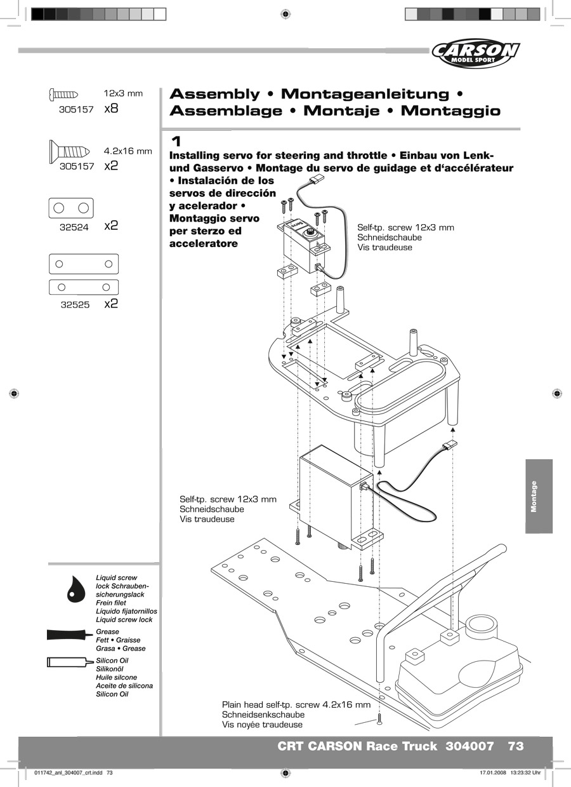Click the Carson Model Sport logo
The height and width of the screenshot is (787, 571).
click(x=476, y=53)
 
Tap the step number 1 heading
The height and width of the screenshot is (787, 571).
click(x=176, y=141)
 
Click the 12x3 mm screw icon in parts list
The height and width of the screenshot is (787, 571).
click(x=63, y=94)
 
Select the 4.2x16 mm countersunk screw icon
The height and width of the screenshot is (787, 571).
click(x=69, y=151)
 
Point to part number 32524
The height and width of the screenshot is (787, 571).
click(x=74, y=227)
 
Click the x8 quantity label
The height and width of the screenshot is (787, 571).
click(x=111, y=108)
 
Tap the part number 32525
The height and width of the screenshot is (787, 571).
click(x=75, y=305)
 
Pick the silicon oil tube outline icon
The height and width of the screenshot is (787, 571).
click(x=70, y=662)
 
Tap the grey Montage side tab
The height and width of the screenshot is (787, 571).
click(x=539, y=496)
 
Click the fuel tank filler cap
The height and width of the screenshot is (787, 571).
click(x=479, y=626)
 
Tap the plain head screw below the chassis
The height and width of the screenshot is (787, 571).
click(x=379, y=718)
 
